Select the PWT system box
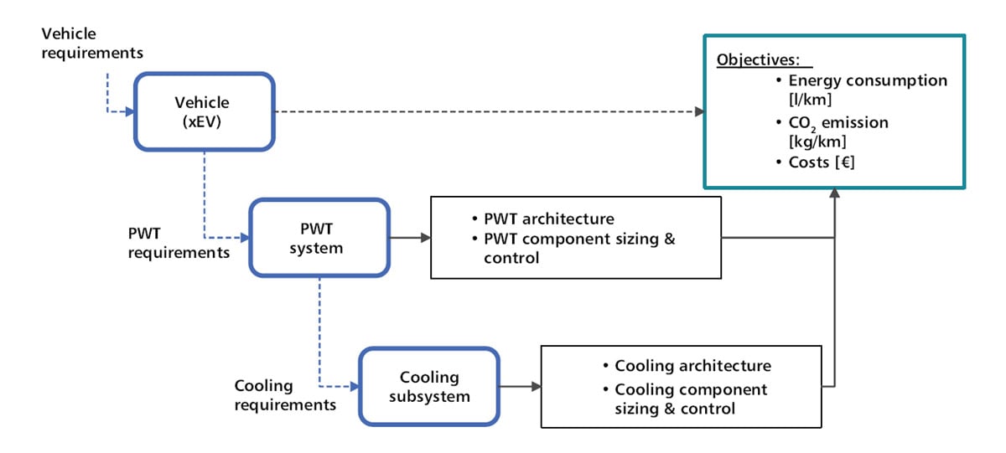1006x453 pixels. (319, 238)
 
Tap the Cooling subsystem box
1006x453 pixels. (429, 386)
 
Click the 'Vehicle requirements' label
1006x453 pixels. (92, 44)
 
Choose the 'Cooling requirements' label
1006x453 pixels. (285, 395)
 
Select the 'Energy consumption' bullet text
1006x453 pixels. (868, 81)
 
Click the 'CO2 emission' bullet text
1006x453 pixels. (838, 123)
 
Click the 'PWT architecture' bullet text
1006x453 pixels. (548, 219)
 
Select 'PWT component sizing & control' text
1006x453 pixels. (578, 248)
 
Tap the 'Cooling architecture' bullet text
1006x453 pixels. (692, 366)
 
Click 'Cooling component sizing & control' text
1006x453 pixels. (690, 399)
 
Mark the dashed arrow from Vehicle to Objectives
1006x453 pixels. (486, 111)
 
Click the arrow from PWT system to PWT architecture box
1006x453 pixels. (410, 238)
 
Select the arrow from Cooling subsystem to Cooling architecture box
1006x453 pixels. (520, 386)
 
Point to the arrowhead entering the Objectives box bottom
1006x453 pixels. (834, 193)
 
